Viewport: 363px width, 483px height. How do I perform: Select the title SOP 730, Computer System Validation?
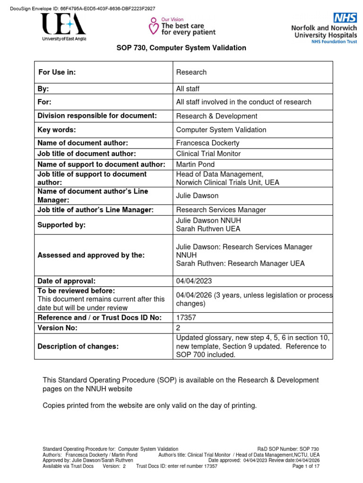(181, 48)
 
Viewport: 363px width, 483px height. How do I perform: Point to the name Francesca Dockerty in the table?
(208, 143)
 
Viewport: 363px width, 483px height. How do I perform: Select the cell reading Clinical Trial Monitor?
(208, 153)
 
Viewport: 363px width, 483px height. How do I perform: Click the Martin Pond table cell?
(195, 164)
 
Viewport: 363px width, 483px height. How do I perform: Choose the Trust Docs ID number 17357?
(186, 317)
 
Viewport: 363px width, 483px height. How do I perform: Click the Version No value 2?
(178, 328)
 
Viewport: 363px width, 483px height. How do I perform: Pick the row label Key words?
(57, 130)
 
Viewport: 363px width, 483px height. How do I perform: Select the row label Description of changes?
(78, 346)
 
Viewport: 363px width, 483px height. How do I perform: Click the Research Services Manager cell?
(221, 210)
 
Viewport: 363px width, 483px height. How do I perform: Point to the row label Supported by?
(61, 225)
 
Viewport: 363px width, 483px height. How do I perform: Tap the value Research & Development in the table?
(216, 116)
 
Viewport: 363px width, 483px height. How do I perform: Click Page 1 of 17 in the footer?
(306, 466)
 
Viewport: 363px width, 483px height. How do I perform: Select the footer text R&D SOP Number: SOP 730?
(288, 449)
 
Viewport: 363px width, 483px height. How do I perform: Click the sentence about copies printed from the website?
(150, 405)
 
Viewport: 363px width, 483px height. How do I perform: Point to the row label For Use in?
(57, 72)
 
